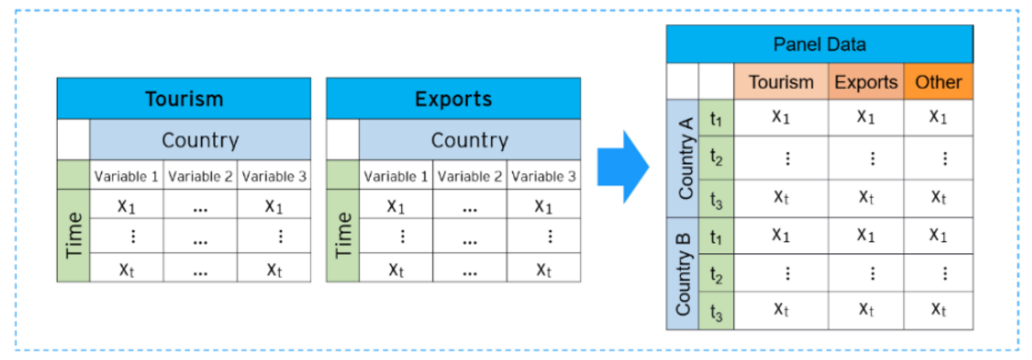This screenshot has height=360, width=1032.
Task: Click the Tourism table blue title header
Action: pyautogui.click(x=184, y=99)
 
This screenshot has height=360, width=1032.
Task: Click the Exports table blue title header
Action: pyautogui.click(x=453, y=99)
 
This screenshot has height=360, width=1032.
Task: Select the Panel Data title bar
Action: pyautogui.click(x=819, y=45)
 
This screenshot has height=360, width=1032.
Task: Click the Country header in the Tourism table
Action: pyautogui.click(x=200, y=140)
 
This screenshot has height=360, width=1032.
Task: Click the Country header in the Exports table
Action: pyautogui.click(x=470, y=140)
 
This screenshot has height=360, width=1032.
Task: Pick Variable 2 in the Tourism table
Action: pyautogui.click(x=200, y=176)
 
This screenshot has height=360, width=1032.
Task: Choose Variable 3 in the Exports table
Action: pyautogui.click(x=543, y=176)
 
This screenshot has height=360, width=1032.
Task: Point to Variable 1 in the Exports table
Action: pyautogui.click(x=395, y=176)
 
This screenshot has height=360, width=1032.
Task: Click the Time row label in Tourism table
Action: pyautogui.click(x=74, y=235)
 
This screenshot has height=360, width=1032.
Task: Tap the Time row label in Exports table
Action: pyautogui.click(x=343, y=235)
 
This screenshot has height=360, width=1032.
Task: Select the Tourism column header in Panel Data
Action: pyautogui.click(x=780, y=82)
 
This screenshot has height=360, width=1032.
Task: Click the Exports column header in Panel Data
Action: pyautogui.click(x=866, y=82)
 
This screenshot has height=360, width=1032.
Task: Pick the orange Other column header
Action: pyautogui.click(x=938, y=82)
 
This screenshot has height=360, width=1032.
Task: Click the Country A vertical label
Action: pyautogui.click(x=684, y=158)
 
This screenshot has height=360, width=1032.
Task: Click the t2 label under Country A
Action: pyautogui.click(x=716, y=157)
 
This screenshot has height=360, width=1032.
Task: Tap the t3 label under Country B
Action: pyautogui.click(x=716, y=312)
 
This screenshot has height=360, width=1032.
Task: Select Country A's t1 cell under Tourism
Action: pyautogui.click(x=780, y=117)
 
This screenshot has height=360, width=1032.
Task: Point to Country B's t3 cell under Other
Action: pyautogui.click(x=938, y=310)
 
